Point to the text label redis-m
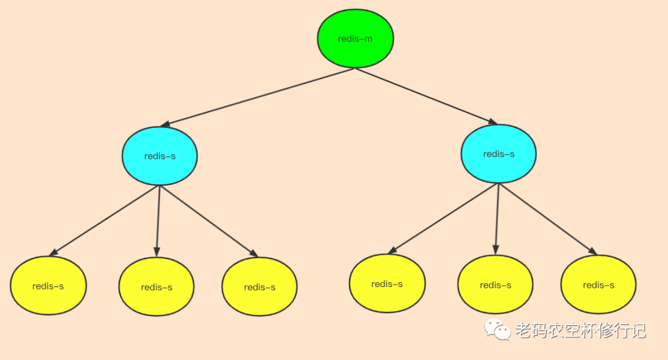[356, 39]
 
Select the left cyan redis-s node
[160, 156]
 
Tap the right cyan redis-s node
[499, 154]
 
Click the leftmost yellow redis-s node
[48, 286]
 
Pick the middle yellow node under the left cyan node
[156, 287]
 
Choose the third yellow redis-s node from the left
[260, 287]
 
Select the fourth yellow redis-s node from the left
[387, 284]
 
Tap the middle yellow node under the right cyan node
[495, 285]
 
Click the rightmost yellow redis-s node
[598, 285]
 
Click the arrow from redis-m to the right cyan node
[427, 96]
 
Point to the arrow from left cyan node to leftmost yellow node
[105, 220]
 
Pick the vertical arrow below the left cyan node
[158, 220]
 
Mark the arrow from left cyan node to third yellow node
[208, 220]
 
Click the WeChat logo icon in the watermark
[497, 329]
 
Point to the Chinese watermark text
[580, 330]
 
